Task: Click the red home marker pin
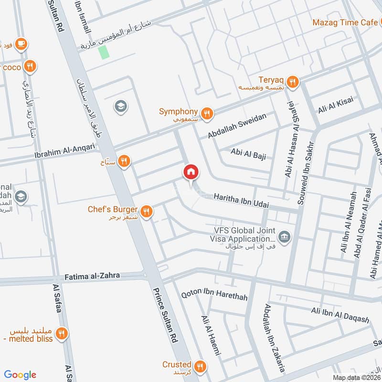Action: coord(191,172)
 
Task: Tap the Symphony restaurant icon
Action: coord(206,113)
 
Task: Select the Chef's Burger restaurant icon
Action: coord(147,211)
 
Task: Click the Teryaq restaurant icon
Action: coord(293,81)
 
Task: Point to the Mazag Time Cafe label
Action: coord(344,22)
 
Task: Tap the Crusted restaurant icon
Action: coord(200,366)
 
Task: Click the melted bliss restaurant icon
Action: coord(61,334)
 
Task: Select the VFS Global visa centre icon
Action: coord(285,235)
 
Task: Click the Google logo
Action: coord(20,374)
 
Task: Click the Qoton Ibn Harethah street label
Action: coord(214,296)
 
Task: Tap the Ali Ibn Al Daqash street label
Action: coord(340,315)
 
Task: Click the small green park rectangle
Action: coord(104,52)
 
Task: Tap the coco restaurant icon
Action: coord(30,67)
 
